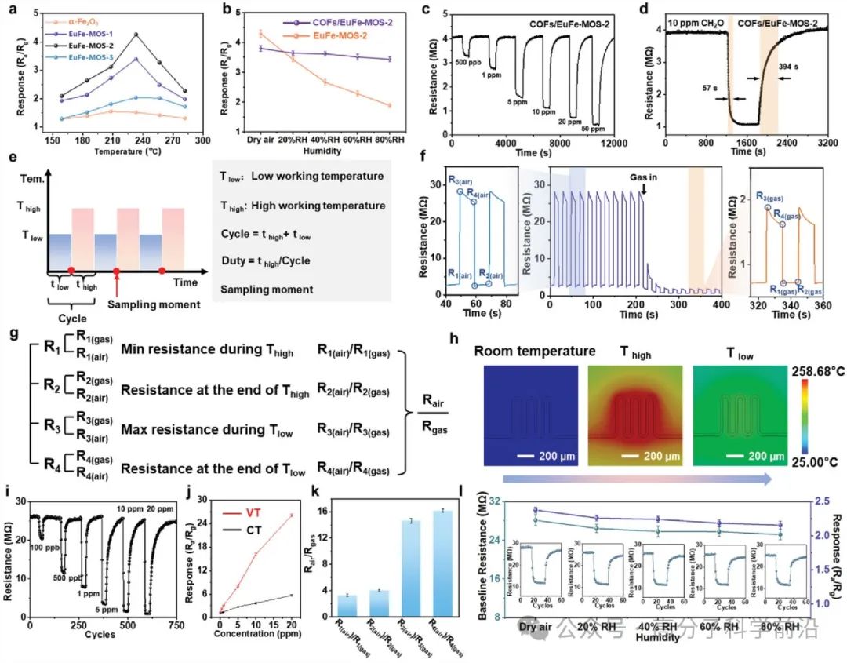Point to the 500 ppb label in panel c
point(467,65)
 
